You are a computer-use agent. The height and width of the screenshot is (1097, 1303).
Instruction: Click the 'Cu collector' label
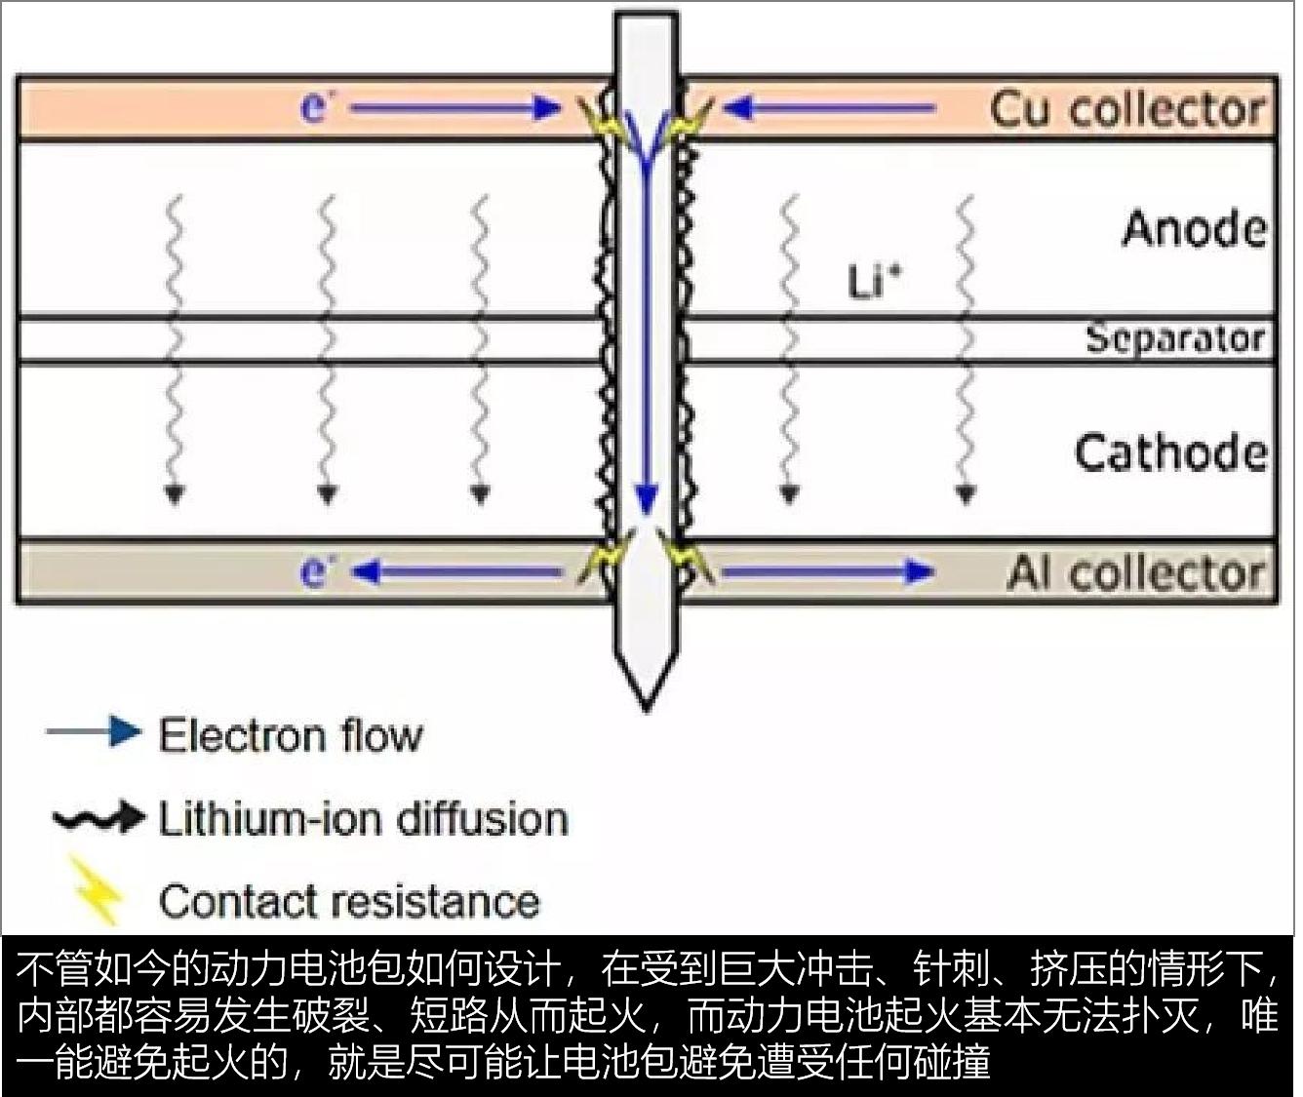(x=1128, y=109)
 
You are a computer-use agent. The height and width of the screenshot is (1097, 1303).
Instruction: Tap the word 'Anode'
(x=1194, y=229)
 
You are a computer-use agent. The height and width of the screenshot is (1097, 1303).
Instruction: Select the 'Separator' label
(x=1174, y=339)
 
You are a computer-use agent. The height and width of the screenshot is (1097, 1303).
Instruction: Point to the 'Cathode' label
(x=1170, y=453)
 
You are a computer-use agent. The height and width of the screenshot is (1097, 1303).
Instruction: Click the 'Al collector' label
(x=1136, y=573)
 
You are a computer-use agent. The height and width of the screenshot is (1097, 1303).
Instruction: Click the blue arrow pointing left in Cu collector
(x=829, y=108)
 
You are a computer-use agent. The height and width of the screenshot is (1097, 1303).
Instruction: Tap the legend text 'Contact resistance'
(x=349, y=901)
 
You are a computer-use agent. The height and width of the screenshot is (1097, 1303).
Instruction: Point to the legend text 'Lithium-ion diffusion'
(x=363, y=818)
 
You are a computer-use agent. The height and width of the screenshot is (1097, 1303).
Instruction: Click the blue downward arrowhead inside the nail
(x=645, y=499)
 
